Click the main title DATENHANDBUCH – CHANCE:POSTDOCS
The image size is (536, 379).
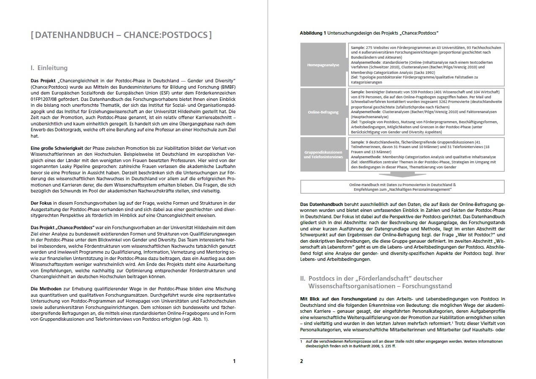pyautogui.click(x=121, y=35)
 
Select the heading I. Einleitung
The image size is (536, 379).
pyautogui.click(x=49, y=68)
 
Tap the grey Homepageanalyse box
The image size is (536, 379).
pyautogui.click(x=323, y=65)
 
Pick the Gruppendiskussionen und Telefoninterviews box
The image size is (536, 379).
pyautogui.click(x=323, y=154)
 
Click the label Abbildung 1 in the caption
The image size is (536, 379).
pyautogui.click(x=313, y=32)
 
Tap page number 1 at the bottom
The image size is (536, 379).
pyautogui.click(x=234, y=361)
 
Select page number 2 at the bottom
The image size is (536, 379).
pyautogui.click(x=302, y=361)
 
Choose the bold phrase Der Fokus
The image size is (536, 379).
pyautogui.click(x=41, y=203)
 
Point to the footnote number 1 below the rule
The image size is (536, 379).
pyautogui.click(x=301, y=341)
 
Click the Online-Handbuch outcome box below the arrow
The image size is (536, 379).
pyautogui.click(x=402, y=187)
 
